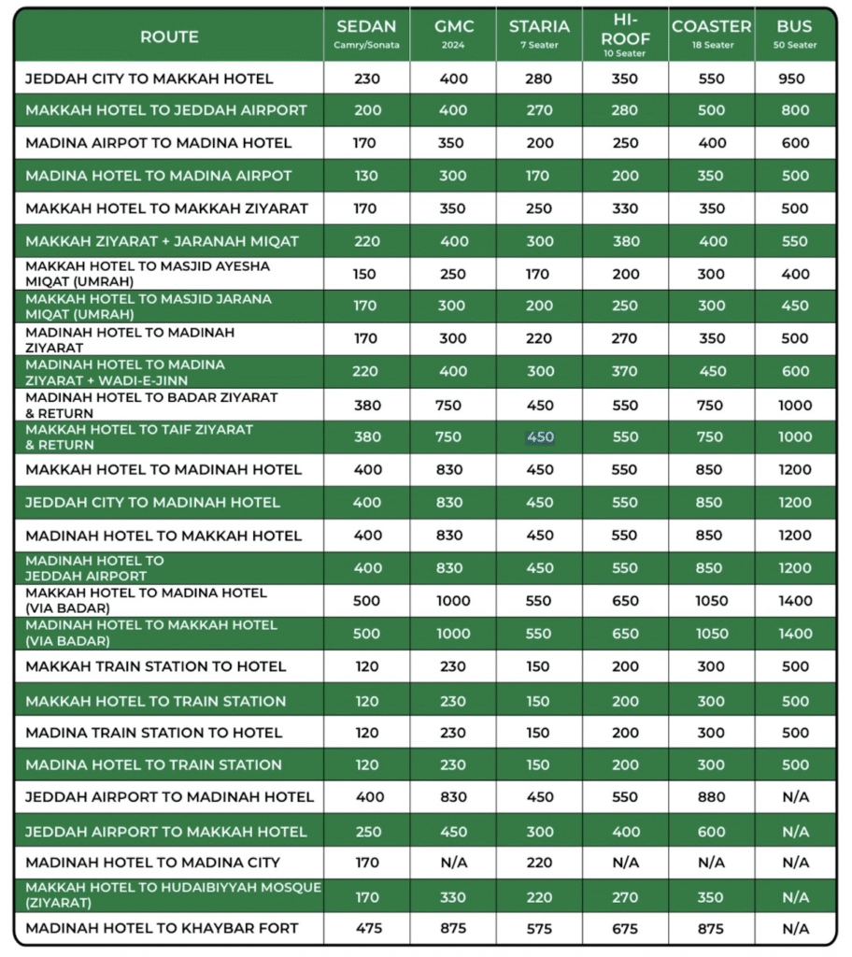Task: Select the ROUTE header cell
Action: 169,37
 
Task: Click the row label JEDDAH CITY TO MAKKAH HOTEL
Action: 149,79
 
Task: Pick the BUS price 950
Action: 795,79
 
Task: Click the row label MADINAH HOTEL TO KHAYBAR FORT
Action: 162,929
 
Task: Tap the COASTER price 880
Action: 711,797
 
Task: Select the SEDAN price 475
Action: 367,929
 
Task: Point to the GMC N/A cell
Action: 453,863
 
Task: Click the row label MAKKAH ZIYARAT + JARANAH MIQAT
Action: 162,241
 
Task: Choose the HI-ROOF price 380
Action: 625,241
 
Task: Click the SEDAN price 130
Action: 367,176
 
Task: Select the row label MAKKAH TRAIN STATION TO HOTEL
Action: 155,666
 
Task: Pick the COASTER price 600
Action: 711,832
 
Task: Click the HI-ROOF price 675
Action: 625,929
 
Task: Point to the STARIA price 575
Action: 540,929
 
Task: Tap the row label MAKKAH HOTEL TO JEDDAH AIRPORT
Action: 165,110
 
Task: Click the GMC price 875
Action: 453,929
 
